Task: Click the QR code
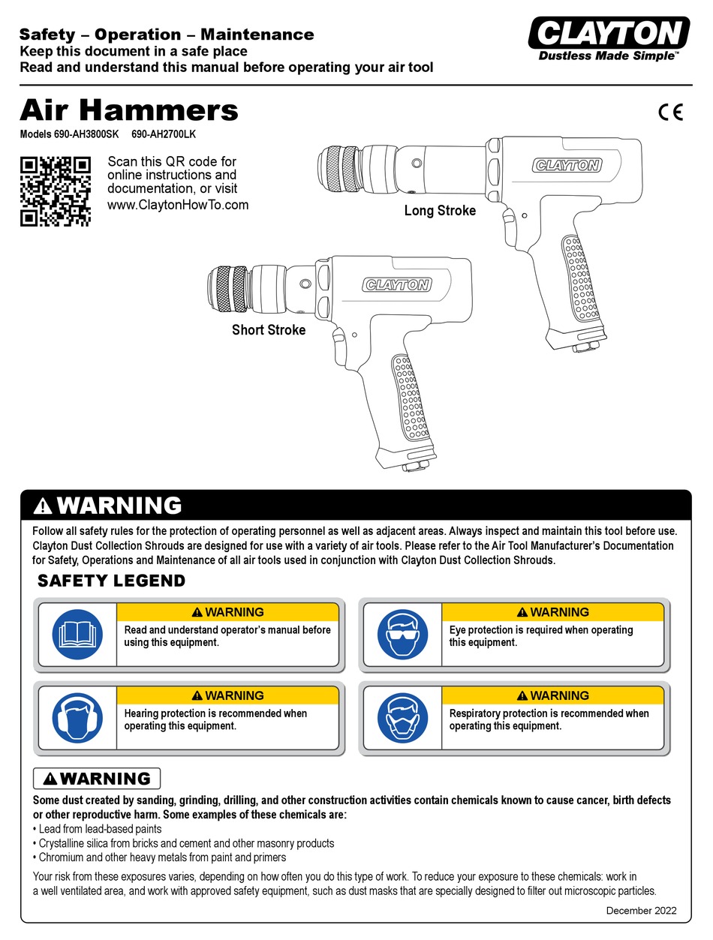tap(55, 191)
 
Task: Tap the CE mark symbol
tap(670, 113)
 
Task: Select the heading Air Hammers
tap(128, 111)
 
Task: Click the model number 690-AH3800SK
tap(82, 136)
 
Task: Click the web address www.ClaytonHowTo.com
tap(178, 205)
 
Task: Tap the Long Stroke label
tap(440, 211)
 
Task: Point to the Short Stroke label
tap(269, 329)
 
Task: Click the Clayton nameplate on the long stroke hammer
tap(567, 166)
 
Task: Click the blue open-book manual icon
tap(77, 633)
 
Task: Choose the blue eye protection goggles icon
tap(402, 633)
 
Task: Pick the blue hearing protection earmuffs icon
tap(77, 717)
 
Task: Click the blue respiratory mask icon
tap(402, 717)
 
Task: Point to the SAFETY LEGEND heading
tap(111, 581)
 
